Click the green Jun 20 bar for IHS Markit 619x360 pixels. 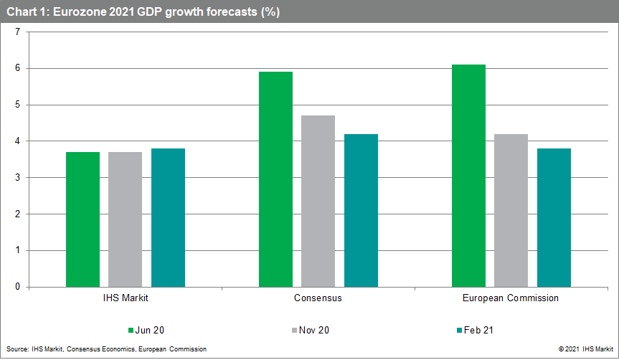[82, 219]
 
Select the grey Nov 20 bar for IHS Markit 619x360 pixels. [126, 219]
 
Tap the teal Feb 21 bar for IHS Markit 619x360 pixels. [168, 217]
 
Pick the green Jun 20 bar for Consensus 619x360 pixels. [275, 179]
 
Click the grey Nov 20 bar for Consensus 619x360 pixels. [318, 201]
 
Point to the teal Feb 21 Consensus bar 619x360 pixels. [361, 210]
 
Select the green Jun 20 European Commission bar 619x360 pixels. [468, 176]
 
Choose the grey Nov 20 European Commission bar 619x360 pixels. [511, 210]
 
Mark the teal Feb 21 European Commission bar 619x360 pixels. [554, 217]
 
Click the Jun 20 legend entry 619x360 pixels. [146, 331]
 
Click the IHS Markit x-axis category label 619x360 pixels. [126, 298]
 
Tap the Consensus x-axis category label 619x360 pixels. [318, 298]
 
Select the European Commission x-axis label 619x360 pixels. [511, 298]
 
